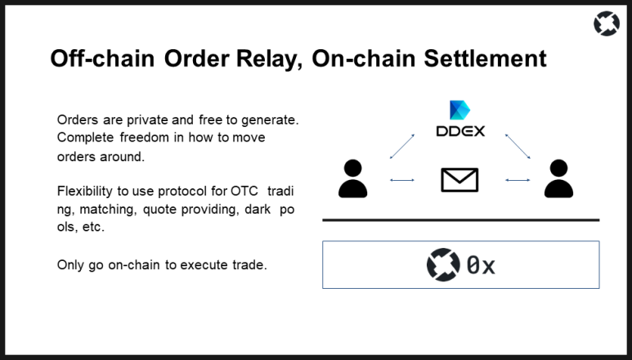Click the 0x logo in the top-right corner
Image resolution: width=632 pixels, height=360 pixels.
tap(606, 25)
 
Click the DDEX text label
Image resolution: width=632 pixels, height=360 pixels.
tap(459, 130)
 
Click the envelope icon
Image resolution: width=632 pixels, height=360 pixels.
tap(459, 179)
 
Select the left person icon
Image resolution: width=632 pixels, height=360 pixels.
tap(352, 179)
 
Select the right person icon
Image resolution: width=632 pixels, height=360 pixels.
tap(558, 179)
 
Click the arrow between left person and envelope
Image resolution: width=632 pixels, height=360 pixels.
tap(402, 179)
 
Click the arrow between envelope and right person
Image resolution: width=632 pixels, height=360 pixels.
tap(518, 179)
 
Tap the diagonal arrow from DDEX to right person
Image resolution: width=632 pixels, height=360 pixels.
tap(518, 147)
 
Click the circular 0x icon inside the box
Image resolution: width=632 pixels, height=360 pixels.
tap(443, 264)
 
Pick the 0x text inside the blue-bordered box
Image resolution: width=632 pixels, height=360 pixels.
tap(481, 265)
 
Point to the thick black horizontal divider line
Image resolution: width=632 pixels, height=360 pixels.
tap(460, 220)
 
